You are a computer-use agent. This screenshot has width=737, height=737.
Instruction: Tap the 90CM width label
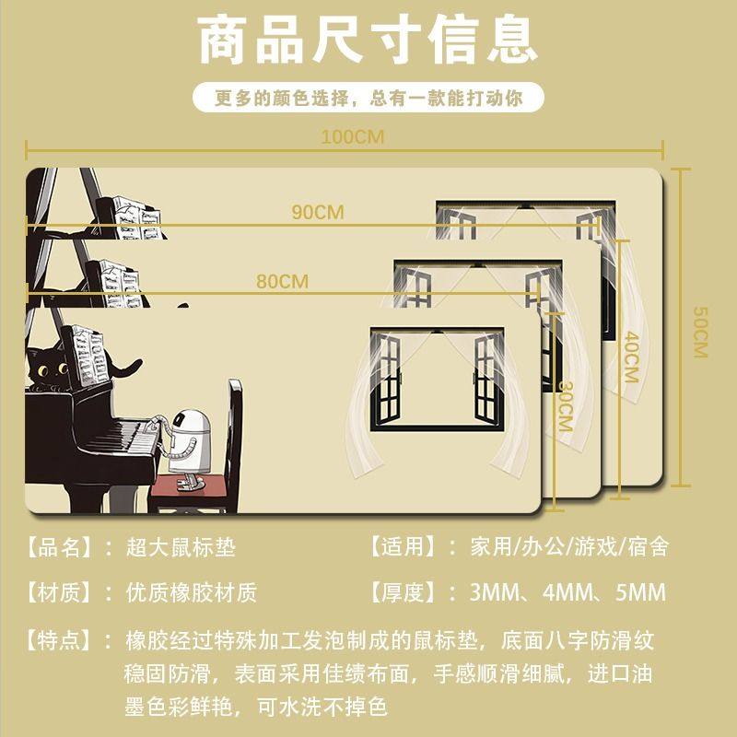pos(318,212)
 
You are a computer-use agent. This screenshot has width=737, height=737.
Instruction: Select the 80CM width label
pos(282,282)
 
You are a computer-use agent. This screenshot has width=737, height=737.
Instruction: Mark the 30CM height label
pos(565,406)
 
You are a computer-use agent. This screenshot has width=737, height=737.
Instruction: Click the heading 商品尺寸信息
pos(368,41)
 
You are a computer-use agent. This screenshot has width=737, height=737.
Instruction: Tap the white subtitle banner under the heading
pos(368,98)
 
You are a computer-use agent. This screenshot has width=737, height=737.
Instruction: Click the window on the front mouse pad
pos(438,378)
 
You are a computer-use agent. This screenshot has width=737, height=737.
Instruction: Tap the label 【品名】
pos(59,547)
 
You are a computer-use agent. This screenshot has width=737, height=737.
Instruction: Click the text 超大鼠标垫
pos(181,547)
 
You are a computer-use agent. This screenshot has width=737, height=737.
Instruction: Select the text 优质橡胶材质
pos(192,591)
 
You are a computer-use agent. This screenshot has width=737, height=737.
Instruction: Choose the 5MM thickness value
pos(637,591)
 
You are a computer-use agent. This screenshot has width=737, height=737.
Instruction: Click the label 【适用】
pos(402,547)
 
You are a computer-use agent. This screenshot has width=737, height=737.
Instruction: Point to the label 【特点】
pos(59,638)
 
